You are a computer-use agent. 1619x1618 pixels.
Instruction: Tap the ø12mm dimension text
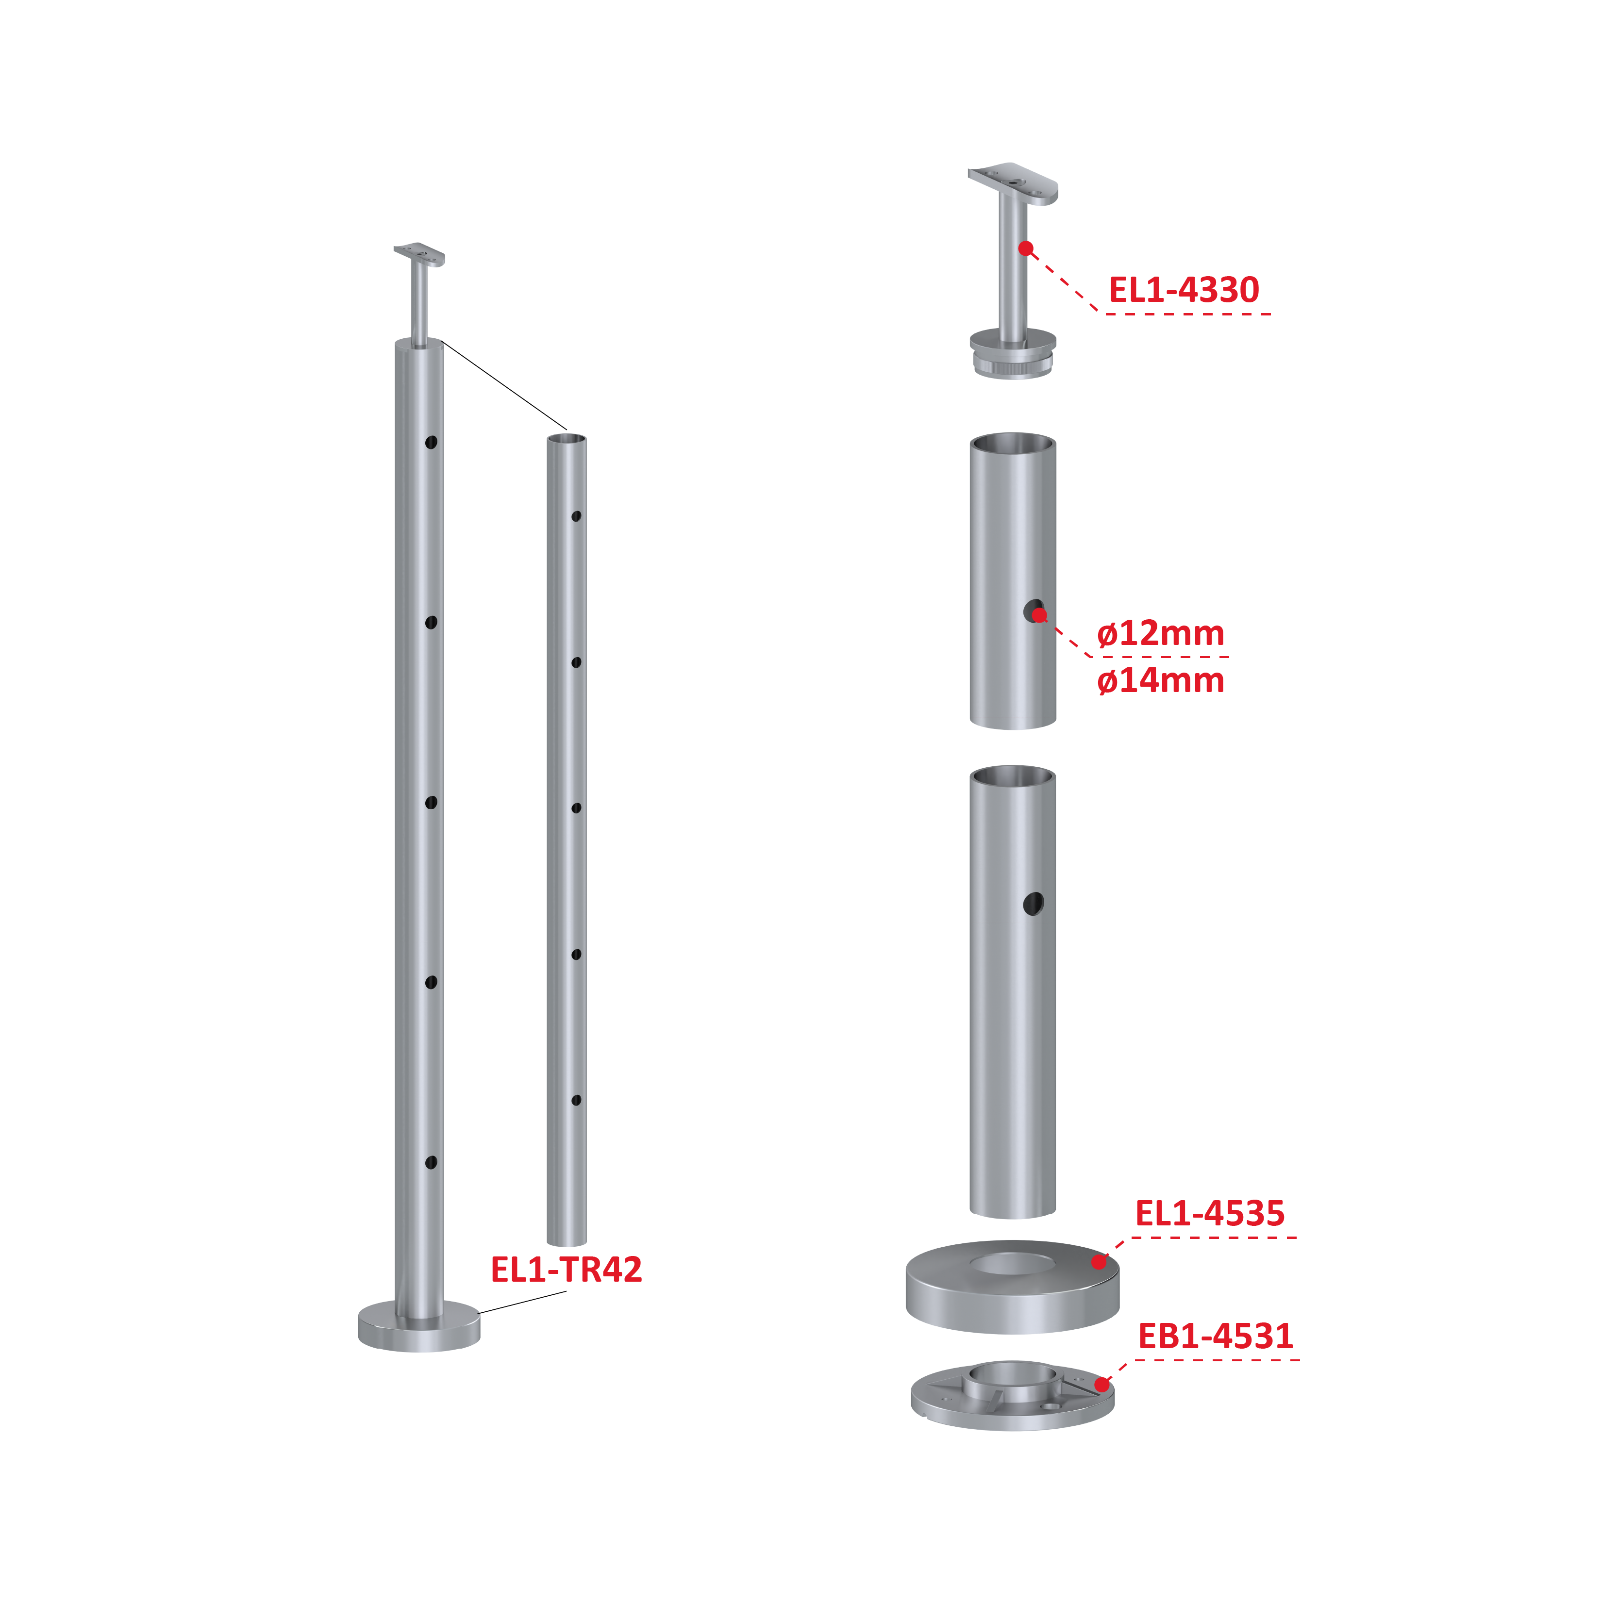(x=1161, y=633)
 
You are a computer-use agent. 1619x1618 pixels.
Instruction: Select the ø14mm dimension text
(x=1161, y=680)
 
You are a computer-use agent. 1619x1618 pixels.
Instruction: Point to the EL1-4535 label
(x=1209, y=1213)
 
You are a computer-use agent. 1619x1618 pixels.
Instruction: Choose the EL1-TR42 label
(x=567, y=1270)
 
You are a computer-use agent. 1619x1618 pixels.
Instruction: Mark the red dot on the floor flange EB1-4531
(x=1102, y=1384)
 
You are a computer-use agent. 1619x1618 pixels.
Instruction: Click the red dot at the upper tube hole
(x=1039, y=615)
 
